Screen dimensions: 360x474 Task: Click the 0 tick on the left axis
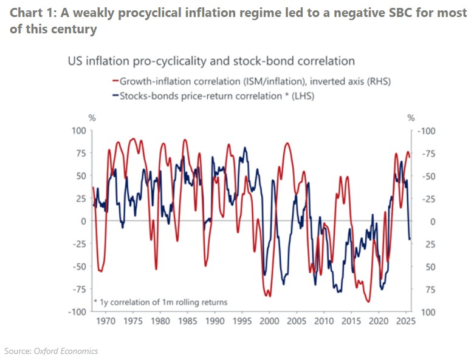click(84, 221)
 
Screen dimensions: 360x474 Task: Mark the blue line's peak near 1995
click(245, 148)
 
